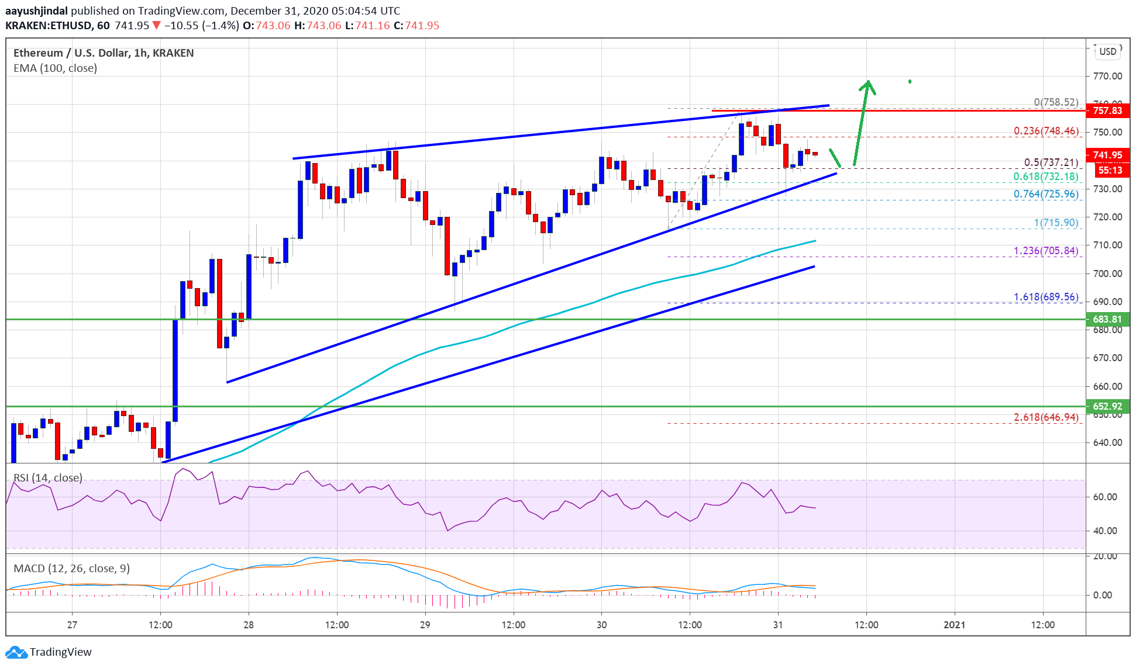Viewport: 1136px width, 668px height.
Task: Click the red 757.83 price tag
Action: coord(1107,110)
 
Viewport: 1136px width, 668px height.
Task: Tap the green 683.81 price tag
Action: coord(1107,319)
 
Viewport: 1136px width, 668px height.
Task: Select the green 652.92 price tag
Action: coord(1107,406)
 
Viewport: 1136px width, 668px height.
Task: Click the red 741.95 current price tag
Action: coord(1107,155)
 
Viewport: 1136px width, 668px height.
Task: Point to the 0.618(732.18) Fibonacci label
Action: coord(1046,176)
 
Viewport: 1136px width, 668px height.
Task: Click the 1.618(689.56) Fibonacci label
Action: coord(1046,297)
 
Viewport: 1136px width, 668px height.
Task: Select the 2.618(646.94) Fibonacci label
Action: coord(1046,417)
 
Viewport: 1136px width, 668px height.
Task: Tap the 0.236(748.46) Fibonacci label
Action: coord(1046,131)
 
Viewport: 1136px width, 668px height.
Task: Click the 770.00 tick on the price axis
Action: coord(1107,76)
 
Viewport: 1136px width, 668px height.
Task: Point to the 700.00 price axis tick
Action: coord(1107,274)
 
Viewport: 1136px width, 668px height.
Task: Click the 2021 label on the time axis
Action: coord(955,625)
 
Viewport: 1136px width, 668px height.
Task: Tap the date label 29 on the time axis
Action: coord(425,625)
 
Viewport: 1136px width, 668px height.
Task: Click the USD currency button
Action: coord(1107,51)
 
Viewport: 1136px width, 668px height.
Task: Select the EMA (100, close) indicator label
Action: coord(55,68)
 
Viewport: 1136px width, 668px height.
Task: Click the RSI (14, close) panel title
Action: coord(48,478)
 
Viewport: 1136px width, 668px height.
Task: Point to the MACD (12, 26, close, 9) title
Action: coord(71,569)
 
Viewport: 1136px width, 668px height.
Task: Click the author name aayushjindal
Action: coord(36,11)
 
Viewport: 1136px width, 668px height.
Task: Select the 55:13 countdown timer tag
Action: coord(1110,170)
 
